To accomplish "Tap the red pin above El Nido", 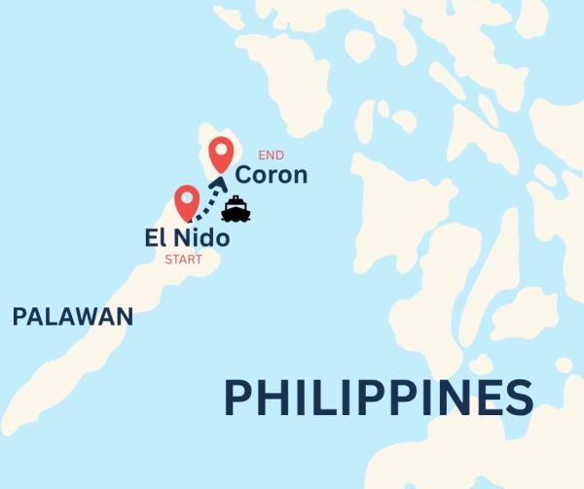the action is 188,203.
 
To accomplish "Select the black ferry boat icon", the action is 237,209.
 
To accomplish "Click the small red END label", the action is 271,155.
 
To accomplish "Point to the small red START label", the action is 184,260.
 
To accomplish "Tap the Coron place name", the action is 272,176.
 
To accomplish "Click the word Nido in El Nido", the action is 201,237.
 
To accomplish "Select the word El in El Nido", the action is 154,237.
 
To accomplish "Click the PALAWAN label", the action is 72,316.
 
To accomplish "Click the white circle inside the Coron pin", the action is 223,152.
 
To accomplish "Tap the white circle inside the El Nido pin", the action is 188,199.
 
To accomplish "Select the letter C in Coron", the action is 244,176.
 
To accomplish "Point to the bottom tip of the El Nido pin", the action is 188,224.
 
